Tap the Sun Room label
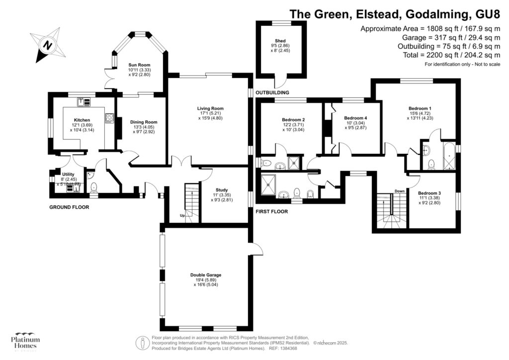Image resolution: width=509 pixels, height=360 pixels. [x=139, y=65]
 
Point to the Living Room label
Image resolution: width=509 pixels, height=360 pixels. [x=210, y=108]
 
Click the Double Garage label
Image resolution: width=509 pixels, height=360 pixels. [x=205, y=275]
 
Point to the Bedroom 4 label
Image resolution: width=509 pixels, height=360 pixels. [x=355, y=118]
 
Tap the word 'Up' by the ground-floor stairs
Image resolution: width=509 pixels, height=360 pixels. [x=183, y=216]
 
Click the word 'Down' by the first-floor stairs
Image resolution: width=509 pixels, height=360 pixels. [x=399, y=190]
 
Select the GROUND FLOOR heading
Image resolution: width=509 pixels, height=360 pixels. [x=69, y=207]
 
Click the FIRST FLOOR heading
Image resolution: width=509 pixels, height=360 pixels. [x=271, y=211]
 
